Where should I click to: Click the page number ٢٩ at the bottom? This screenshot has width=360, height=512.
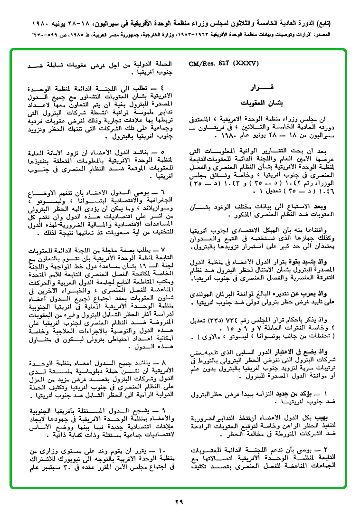tap(179, 502)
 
